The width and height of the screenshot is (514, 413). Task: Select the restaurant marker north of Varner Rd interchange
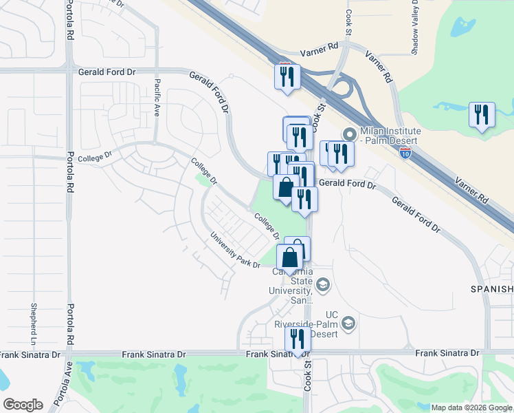tap(285, 76)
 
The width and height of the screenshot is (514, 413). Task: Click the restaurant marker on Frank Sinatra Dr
tap(298, 339)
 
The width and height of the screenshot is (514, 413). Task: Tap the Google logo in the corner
tap(22, 405)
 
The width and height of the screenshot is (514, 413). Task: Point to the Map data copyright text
tap(471, 407)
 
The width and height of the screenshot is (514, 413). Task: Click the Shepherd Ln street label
tap(32, 324)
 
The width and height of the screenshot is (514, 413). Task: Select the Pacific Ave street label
tap(157, 98)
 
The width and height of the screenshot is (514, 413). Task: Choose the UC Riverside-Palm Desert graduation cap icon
tap(348, 324)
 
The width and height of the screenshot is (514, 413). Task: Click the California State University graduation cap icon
tap(323, 284)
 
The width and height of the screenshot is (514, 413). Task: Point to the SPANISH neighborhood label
tap(491, 289)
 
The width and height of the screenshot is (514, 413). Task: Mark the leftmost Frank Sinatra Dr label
tap(25, 354)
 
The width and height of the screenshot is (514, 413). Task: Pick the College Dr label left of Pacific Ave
tap(96, 158)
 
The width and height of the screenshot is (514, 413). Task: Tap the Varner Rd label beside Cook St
tap(320, 53)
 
